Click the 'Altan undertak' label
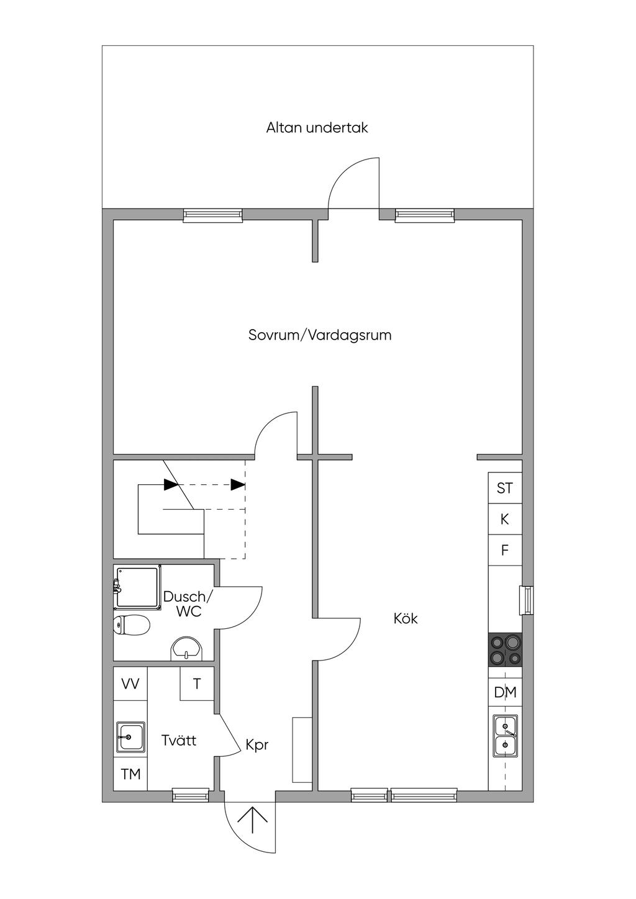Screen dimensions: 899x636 click(x=317, y=128)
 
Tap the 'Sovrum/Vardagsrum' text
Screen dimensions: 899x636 click(x=319, y=335)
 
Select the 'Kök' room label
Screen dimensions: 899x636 click(x=406, y=618)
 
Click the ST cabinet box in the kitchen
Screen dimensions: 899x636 click(x=505, y=488)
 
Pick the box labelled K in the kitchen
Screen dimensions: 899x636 click(x=505, y=519)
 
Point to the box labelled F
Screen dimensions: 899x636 click(x=505, y=550)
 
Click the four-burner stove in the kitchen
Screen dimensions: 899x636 click(x=505, y=650)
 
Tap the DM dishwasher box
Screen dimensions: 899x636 click(x=505, y=692)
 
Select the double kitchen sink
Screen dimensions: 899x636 click(x=505, y=736)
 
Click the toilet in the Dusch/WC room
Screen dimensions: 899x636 click(x=132, y=625)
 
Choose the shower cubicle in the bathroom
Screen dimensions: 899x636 click(x=138, y=587)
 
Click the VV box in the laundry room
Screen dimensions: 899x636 click(x=130, y=684)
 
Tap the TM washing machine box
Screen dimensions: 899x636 click(x=130, y=774)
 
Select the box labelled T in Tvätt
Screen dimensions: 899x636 click(x=197, y=684)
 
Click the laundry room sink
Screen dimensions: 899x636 click(x=130, y=738)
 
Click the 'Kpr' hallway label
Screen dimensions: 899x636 click(x=257, y=744)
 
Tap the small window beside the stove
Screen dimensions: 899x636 click(x=527, y=601)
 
